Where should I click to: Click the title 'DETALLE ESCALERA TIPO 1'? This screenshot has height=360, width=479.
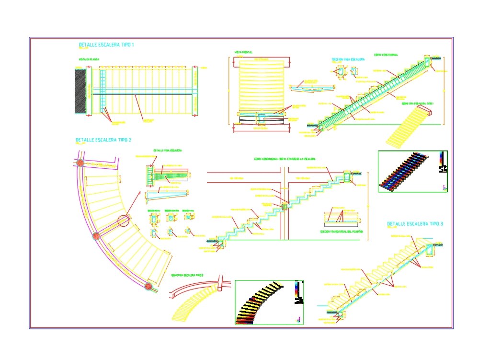[106, 45]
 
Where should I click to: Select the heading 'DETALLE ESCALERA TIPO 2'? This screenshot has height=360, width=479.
[103, 140]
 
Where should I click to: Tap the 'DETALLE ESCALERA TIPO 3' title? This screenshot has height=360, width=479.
[415, 224]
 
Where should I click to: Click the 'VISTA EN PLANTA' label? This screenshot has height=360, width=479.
[89, 59]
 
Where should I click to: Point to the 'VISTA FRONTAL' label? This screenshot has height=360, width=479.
[244, 52]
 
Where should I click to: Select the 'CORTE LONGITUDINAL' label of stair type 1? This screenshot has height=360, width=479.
[386, 55]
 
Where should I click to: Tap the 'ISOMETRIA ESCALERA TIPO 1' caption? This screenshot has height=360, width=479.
[418, 103]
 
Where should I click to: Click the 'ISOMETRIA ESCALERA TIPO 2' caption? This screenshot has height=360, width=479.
[187, 275]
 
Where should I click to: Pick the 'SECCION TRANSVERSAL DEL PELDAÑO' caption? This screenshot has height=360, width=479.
[342, 232]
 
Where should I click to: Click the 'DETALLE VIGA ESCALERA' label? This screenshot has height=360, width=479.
[167, 151]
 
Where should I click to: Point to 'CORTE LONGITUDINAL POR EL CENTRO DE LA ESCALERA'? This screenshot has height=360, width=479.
[285, 159]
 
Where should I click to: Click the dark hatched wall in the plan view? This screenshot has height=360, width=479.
[80, 91]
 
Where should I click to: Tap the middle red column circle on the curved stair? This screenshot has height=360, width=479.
[96, 235]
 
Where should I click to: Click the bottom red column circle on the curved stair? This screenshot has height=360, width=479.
[149, 286]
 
